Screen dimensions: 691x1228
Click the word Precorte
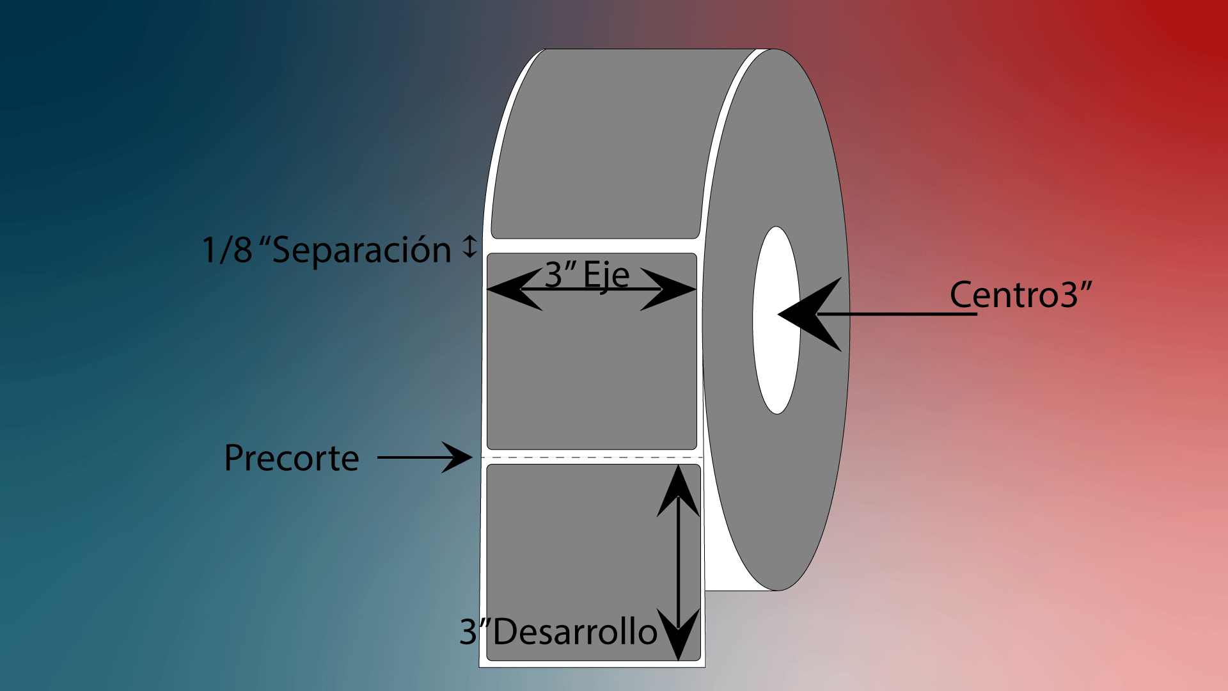292,458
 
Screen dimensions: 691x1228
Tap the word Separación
362,250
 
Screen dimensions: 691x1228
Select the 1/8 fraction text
227,250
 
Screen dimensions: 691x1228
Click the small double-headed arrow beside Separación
470,246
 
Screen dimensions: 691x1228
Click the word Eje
606,275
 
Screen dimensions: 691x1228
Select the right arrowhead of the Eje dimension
669,289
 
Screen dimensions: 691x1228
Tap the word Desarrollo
575,632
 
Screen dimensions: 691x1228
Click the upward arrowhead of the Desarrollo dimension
679,491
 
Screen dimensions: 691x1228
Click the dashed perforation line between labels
592,457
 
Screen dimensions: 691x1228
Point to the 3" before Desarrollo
474,632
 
